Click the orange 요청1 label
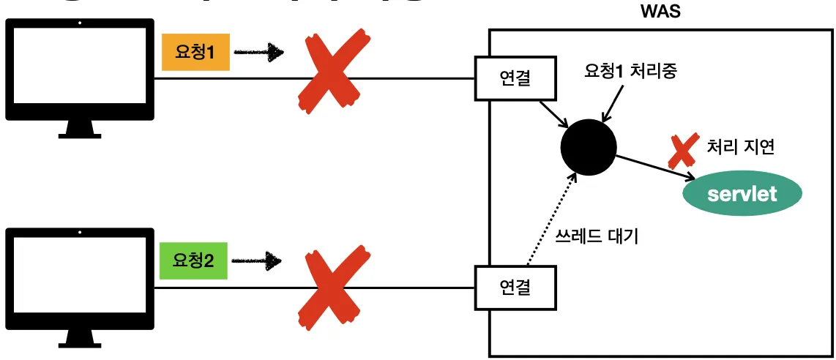pyautogui.click(x=195, y=53)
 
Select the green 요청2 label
pyautogui.click(x=194, y=260)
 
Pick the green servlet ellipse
pyautogui.click(x=742, y=195)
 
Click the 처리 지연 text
pyautogui.click(x=741, y=146)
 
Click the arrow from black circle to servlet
pyautogui.click(x=654, y=166)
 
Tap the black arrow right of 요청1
pyautogui.click(x=259, y=52)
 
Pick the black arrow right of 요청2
pyautogui.click(x=259, y=260)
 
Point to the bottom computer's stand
pyautogui.click(x=80, y=337)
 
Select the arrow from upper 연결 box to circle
pyautogui.click(x=554, y=113)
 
